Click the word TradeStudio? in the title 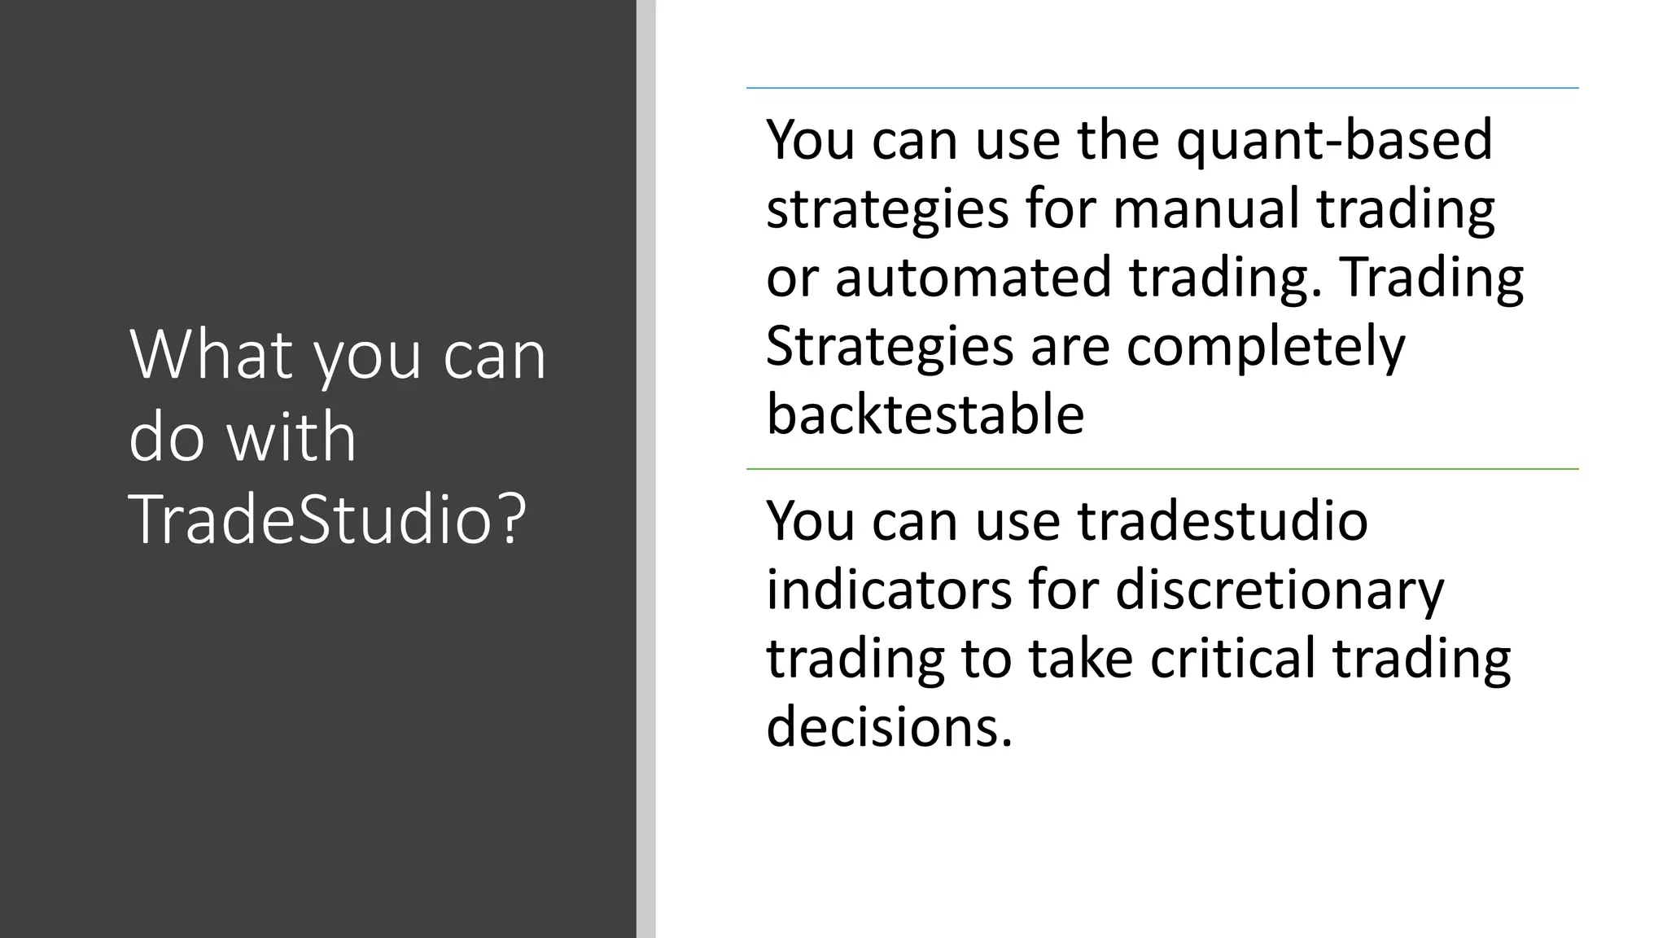click(328, 519)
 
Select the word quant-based click(1334, 139)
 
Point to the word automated click(973, 277)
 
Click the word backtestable click(925, 414)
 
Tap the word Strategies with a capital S click(889, 346)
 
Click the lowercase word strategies click(887, 208)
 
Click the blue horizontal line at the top click(1162, 88)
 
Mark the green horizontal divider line click(1162, 469)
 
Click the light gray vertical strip click(645, 469)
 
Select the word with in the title click(291, 437)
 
